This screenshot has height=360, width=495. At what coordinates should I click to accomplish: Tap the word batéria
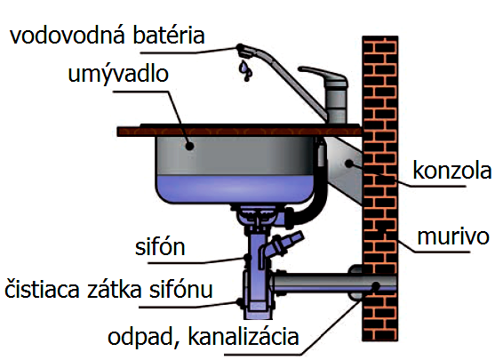tap(169, 36)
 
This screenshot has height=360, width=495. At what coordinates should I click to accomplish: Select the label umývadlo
tap(118, 75)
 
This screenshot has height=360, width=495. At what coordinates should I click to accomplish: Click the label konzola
tap(452, 171)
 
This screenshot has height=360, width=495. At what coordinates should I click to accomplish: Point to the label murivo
tap(453, 236)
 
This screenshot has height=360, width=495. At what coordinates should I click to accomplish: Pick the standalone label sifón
tap(160, 247)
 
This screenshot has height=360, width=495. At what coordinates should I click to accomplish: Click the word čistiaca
tap(42, 290)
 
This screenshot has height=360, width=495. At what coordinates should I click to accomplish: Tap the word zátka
tap(115, 290)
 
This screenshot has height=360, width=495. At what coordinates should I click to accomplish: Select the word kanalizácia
tap(244, 337)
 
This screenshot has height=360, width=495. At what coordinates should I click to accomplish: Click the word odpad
tap(140, 337)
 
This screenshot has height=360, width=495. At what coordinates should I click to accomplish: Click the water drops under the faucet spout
tap(245, 70)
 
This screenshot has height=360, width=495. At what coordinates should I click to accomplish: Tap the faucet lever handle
tap(322, 75)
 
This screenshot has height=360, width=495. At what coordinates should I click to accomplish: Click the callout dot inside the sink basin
tap(189, 146)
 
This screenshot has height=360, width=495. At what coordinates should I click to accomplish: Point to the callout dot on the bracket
tap(349, 164)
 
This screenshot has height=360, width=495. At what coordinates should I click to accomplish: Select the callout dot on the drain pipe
tap(376, 286)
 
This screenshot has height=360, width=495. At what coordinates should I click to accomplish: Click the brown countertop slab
tap(239, 131)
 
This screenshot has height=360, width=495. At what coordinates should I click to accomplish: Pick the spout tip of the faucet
tap(244, 52)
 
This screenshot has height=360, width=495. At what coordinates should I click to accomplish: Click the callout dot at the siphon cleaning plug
tap(240, 302)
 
